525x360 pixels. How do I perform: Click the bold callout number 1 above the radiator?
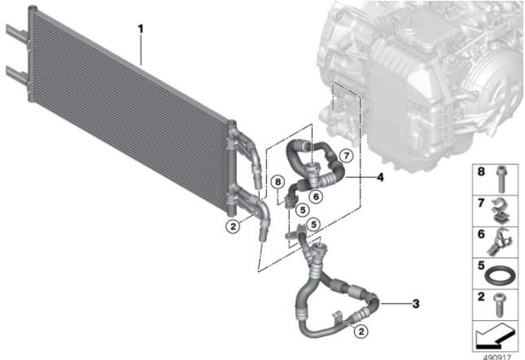click(141, 29)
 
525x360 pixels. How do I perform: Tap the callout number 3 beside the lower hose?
click(415, 304)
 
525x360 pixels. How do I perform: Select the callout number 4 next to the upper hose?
click(380, 177)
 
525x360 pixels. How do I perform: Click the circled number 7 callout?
click(346, 156)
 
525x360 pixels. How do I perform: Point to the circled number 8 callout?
click(278, 182)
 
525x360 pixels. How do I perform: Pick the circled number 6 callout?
click(316, 196)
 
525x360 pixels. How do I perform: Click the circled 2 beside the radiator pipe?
click(233, 226)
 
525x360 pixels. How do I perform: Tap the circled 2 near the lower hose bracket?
click(361, 331)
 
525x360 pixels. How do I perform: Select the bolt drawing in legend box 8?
click(501, 179)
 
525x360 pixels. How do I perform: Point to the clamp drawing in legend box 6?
click(499, 241)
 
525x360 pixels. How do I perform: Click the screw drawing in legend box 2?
click(499, 305)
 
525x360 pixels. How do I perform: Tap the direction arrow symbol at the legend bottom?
click(495, 336)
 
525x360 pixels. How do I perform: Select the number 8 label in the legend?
click(481, 172)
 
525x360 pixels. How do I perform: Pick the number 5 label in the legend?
click(481, 266)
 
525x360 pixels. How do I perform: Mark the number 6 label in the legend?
click(481, 234)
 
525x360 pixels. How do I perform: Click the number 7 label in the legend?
click(481, 203)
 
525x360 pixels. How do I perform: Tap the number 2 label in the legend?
click(481, 296)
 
